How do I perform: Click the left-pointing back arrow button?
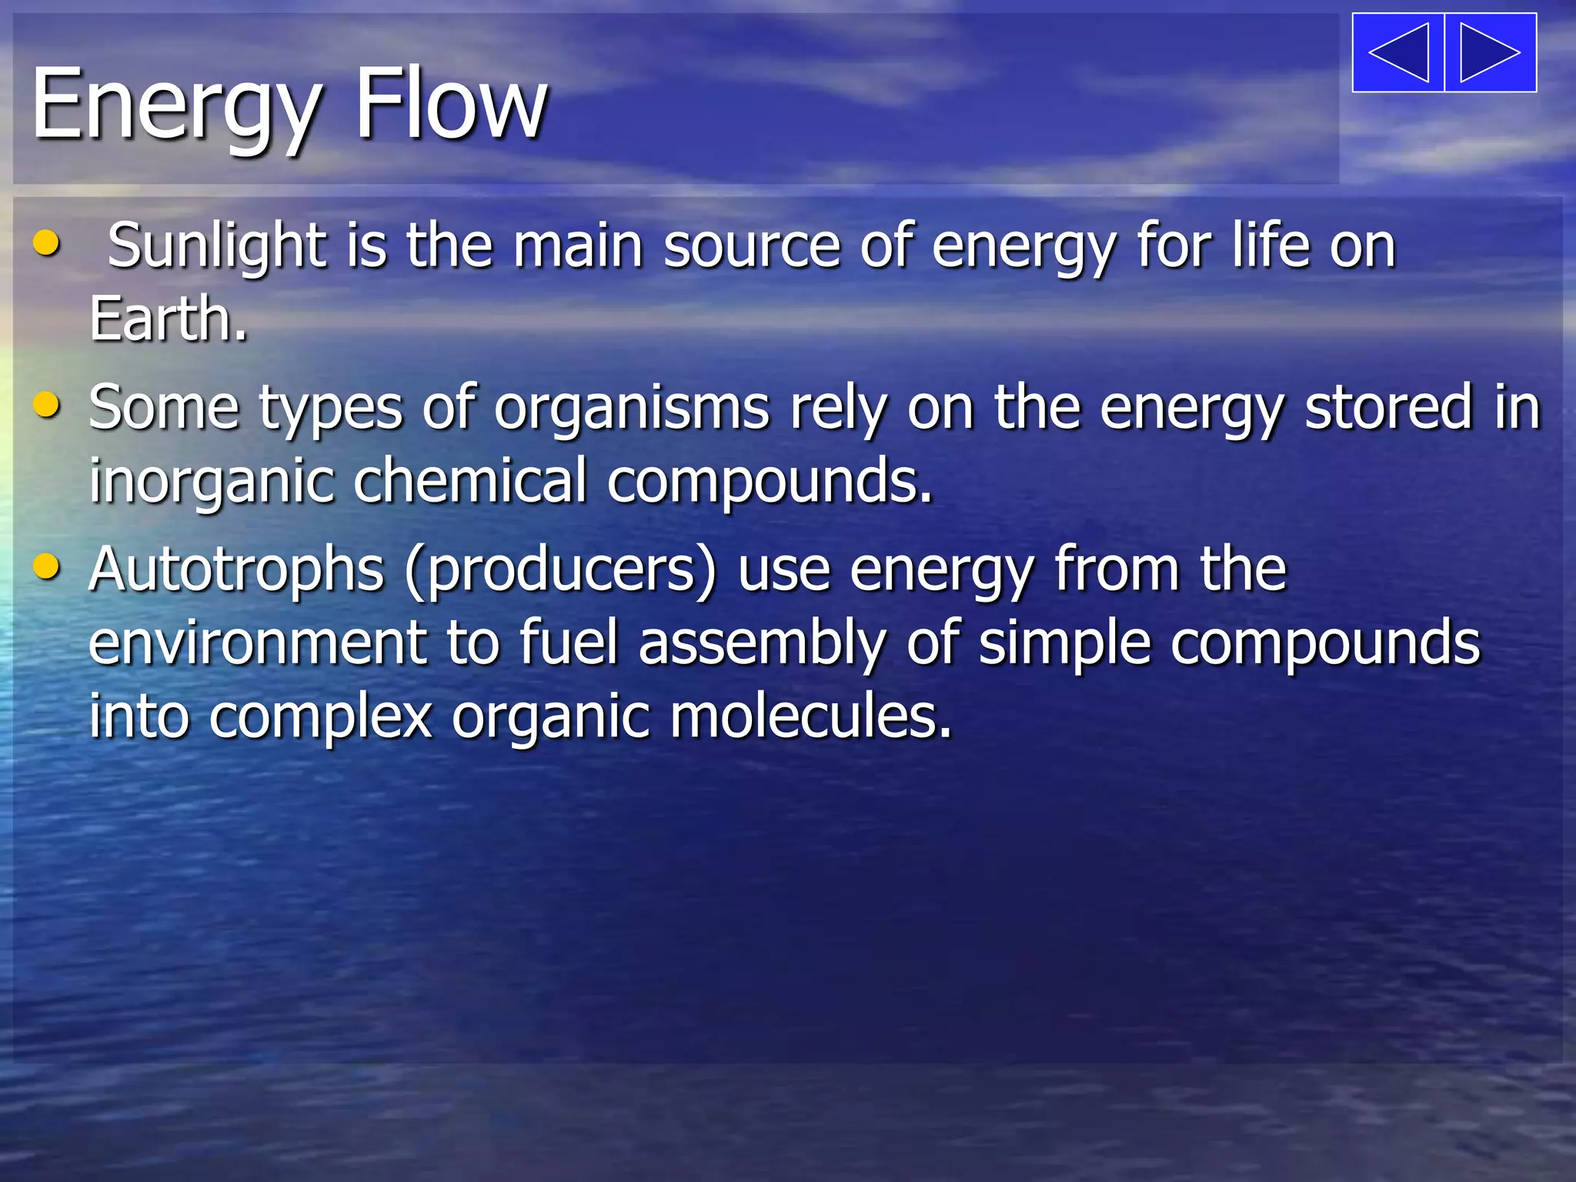(1398, 52)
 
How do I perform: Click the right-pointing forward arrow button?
(1491, 52)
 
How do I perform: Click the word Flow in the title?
(450, 104)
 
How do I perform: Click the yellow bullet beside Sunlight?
(47, 243)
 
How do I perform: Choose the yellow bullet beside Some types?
(47, 405)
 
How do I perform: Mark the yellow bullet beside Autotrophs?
(47, 567)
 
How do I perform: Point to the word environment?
(257, 643)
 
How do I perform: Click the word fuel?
(569, 642)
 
